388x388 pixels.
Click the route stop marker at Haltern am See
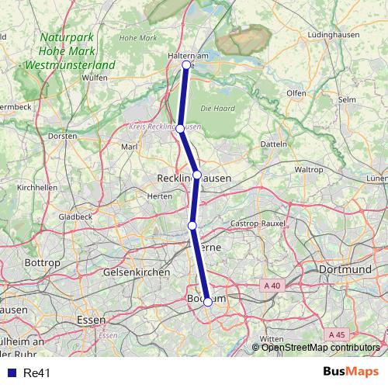[186, 64]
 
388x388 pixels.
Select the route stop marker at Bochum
[208, 302]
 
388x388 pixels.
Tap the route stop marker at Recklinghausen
[197, 175]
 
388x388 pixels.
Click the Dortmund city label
[345, 269]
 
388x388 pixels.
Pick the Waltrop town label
[309, 169]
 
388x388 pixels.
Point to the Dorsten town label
[62, 136]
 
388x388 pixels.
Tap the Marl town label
[130, 146]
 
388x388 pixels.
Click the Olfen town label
[296, 93]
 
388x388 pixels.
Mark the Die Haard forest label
[217, 107]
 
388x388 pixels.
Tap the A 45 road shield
[337, 334]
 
